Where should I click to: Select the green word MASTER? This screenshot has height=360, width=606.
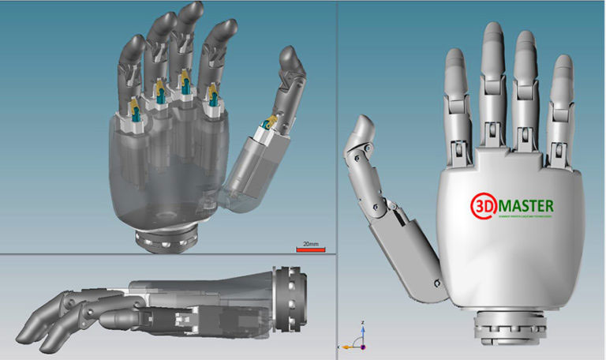pos(526,205)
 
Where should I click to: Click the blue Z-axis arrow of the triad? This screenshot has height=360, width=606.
pos(361,328)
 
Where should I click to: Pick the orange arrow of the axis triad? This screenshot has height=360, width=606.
pos(346,347)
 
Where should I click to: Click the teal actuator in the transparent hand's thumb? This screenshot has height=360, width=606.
pos(269,122)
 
